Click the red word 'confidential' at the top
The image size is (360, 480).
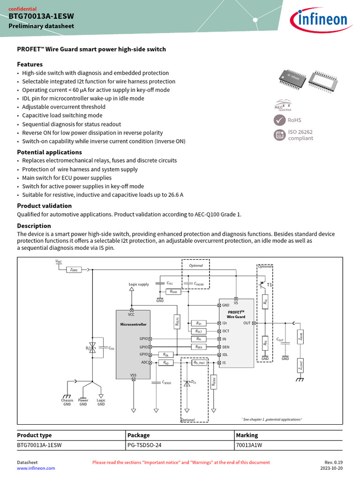click(x=22, y=8)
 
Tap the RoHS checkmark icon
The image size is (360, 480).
click(x=279, y=120)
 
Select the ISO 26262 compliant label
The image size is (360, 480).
click(x=300, y=135)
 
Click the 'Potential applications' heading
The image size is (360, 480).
click(x=49, y=152)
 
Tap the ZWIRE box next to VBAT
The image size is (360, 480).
click(x=74, y=270)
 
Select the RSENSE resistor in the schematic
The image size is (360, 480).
click(x=214, y=382)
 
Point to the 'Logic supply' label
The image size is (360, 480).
click(x=139, y=284)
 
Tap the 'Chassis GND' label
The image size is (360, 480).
click(x=67, y=402)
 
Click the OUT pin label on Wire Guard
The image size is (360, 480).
click(x=247, y=323)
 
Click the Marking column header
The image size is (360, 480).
click(x=247, y=435)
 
